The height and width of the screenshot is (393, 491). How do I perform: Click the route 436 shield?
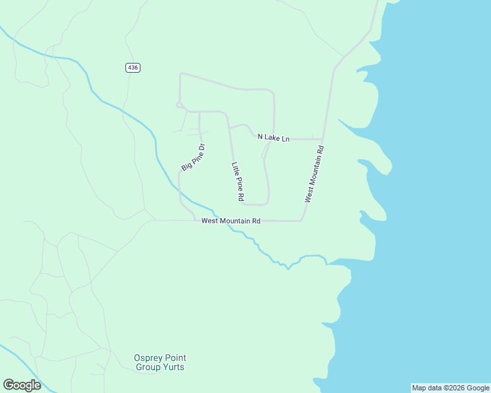click(x=133, y=67)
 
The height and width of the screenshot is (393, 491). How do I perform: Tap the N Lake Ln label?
click(x=273, y=138)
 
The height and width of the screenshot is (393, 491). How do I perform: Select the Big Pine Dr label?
click(x=194, y=157)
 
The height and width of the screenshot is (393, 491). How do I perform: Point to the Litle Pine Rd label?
click(x=238, y=181)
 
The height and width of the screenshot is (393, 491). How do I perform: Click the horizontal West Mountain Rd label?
click(x=231, y=221)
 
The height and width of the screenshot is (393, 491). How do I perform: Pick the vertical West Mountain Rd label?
click(x=314, y=174)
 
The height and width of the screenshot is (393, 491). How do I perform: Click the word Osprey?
click(x=147, y=358)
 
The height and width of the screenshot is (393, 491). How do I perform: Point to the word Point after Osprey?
click(x=174, y=358)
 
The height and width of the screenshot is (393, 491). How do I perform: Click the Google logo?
click(x=22, y=385)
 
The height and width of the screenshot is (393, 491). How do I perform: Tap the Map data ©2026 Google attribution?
click(x=450, y=388)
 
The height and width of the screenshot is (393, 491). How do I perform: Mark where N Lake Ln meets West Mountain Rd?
click(x=322, y=139)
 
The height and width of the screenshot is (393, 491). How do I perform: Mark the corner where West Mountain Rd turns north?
click(x=302, y=220)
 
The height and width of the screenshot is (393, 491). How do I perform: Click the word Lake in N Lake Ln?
click(x=272, y=138)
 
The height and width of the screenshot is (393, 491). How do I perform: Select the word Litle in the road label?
click(x=234, y=170)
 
